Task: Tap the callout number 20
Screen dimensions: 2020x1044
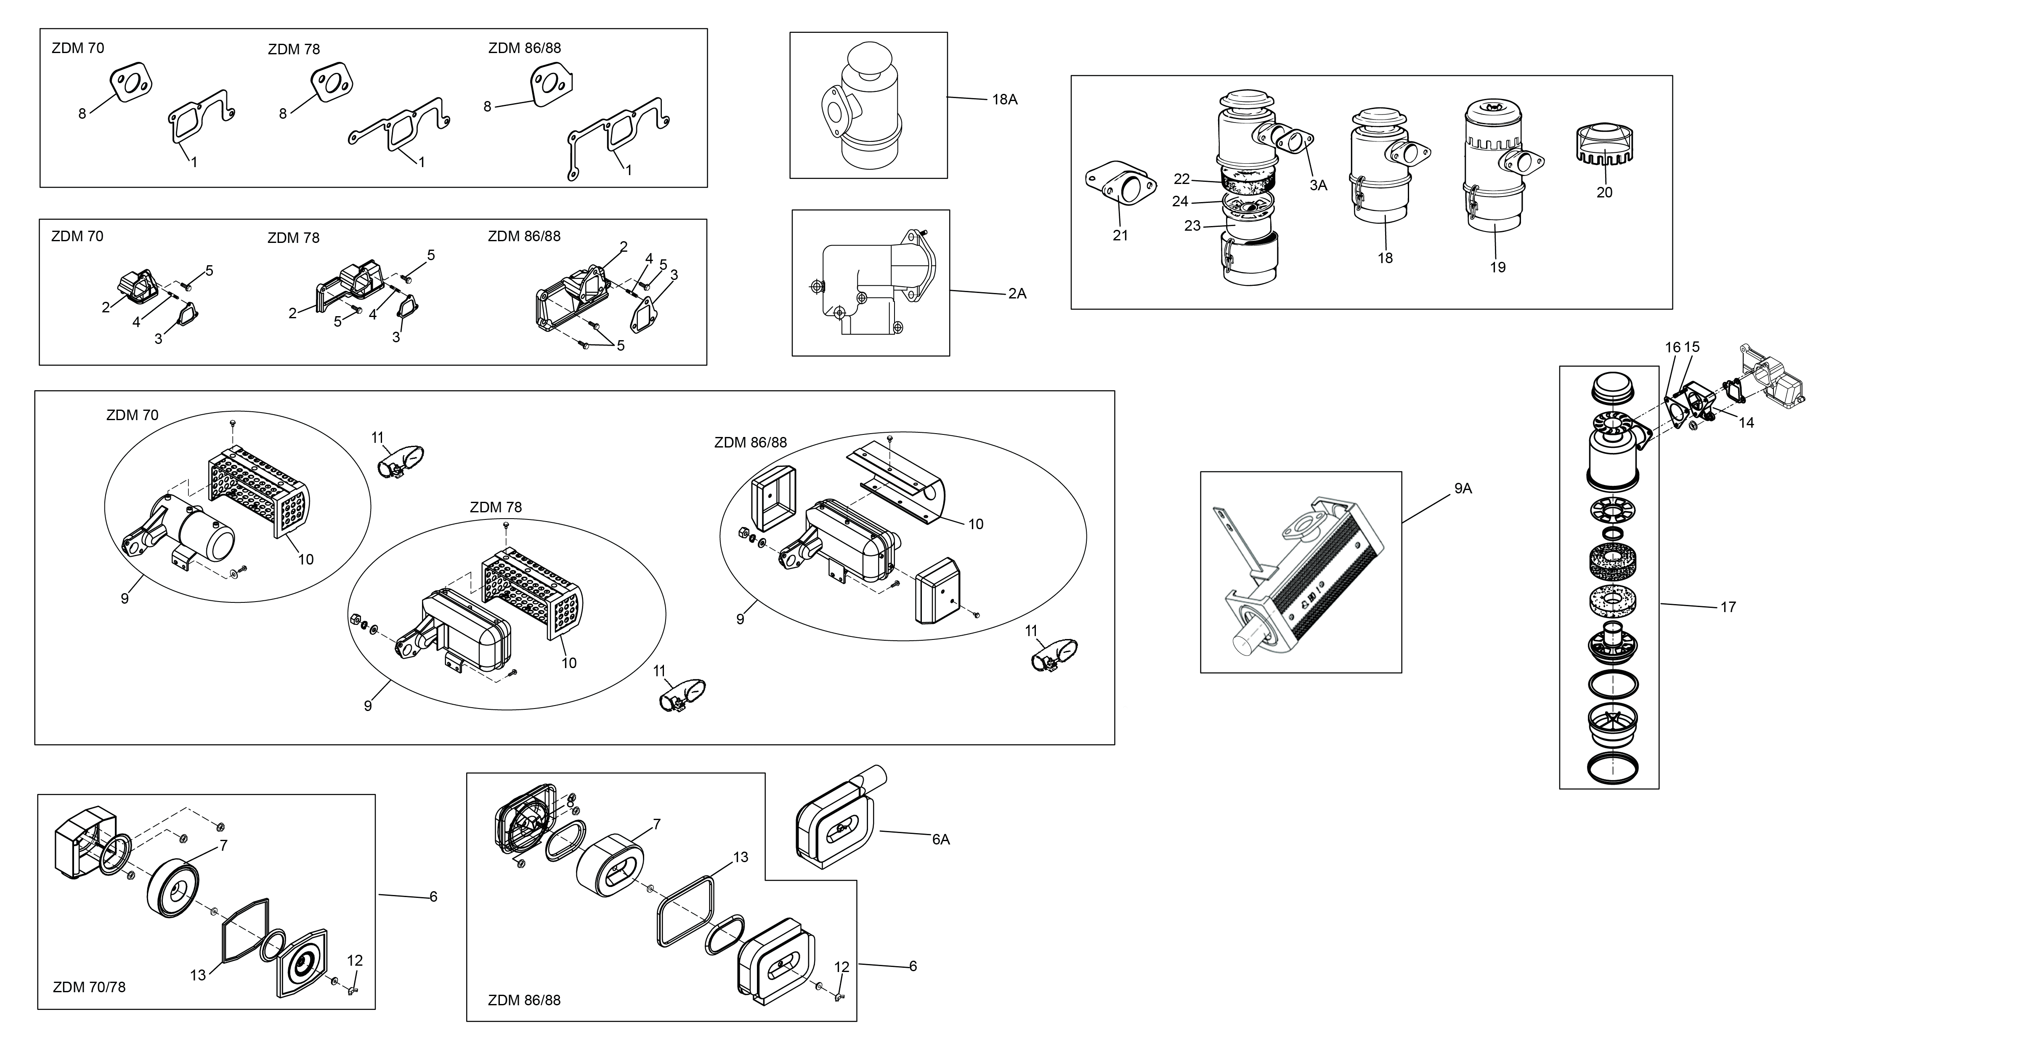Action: (x=1604, y=192)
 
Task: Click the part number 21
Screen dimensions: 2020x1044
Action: (x=1120, y=235)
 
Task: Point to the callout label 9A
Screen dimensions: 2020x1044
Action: (x=1463, y=489)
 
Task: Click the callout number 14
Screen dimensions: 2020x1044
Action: (x=1747, y=423)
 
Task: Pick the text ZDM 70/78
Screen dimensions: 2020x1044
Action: (x=89, y=987)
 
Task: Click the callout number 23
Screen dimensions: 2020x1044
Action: (x=1192, y=226)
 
